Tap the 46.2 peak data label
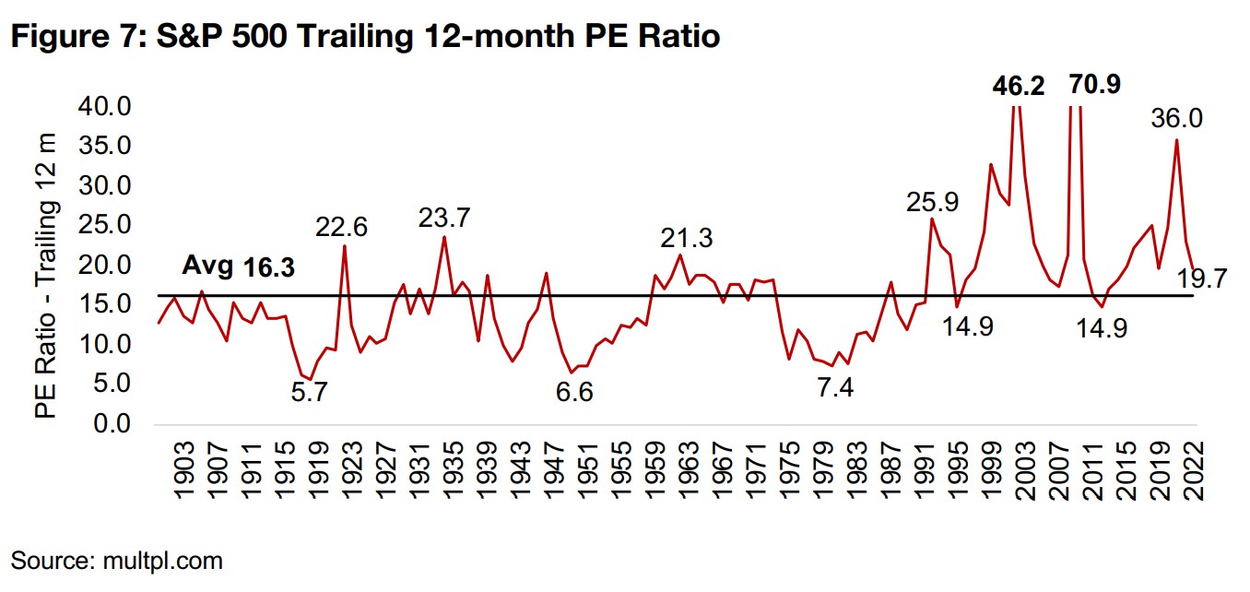click(x=1019, y=87)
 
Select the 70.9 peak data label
click(x=1094, y=85)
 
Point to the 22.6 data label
click(x=343, y=226)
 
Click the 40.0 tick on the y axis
click(x=105, y=107)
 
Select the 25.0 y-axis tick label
click(x=105, y=226)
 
